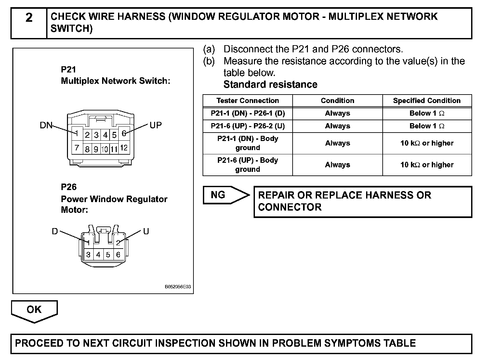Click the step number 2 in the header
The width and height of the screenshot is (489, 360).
point(29,18)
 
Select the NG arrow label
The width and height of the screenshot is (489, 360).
point(218,195)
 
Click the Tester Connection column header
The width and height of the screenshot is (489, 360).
point(247,101)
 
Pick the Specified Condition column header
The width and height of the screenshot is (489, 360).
point(427,101)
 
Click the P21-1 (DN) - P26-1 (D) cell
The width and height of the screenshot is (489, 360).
point(247,113)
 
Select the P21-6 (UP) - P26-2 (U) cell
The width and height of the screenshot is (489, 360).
point(247,126)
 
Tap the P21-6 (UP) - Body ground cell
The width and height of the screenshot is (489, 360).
point(247,165)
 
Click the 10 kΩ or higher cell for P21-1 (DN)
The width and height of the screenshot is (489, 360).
point(427,143)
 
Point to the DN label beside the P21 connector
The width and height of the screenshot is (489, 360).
point(46,125)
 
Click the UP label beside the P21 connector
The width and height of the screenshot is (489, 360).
point(155,125)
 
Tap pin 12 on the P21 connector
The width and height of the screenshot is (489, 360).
point(124,148)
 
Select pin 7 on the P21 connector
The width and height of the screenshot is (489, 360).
point(77,148)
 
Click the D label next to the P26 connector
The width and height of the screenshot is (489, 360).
point(55,231)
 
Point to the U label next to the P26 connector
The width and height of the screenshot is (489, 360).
point(146,231)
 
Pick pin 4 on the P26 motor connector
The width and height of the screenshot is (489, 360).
point(98,255)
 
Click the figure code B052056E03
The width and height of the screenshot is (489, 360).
point(178,287)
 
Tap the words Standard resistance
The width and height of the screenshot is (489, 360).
point(270,84)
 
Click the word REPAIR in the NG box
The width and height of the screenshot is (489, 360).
point(276,195)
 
